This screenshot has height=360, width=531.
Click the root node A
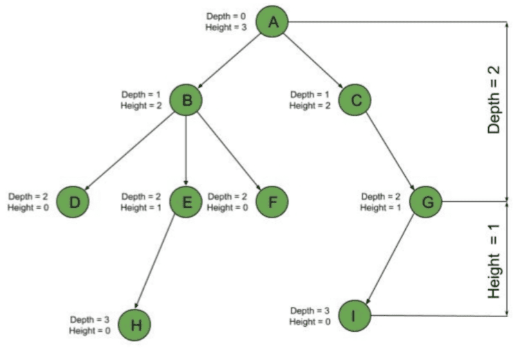(273, 23)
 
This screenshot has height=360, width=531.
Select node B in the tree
(186, 100)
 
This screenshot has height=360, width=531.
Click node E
(186, 202)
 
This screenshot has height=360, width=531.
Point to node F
(272, 202)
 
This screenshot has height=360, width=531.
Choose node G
(426, 202)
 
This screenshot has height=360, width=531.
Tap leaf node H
(135, 325)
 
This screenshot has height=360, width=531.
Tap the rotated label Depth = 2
(494, 100)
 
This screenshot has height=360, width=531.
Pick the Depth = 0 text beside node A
(225, 16)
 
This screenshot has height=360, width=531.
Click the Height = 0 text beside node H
(90, 331)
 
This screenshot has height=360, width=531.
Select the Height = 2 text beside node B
(141, 106)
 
